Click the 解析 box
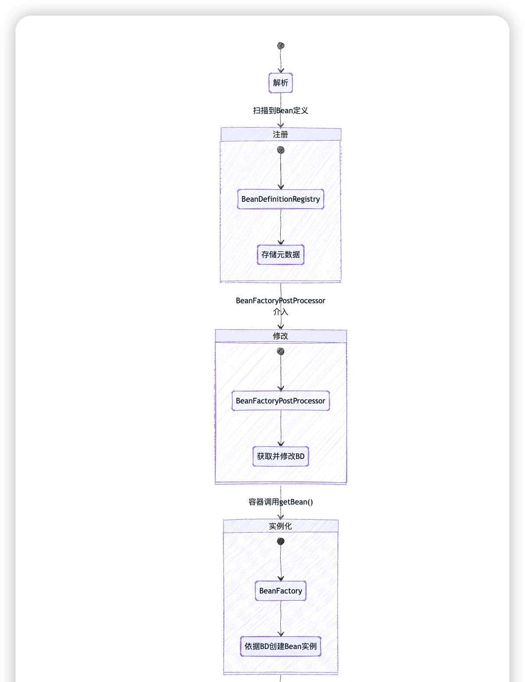280,82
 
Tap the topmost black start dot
281,46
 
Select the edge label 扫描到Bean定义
280,110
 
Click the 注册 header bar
281,134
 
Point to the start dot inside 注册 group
281,150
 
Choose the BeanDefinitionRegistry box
281,199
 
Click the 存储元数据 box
281,255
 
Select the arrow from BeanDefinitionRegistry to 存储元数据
281,227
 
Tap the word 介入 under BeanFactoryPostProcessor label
281,311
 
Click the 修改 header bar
281,336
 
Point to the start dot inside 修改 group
281,351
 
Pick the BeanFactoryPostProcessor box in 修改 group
281,401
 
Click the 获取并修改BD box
281,456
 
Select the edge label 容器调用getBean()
281,502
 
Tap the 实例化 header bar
281,526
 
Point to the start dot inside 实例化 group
281,541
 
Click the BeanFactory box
281,591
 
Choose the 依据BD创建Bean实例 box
281,646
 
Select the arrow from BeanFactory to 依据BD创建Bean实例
281,618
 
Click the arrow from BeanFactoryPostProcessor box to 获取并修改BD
281,428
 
